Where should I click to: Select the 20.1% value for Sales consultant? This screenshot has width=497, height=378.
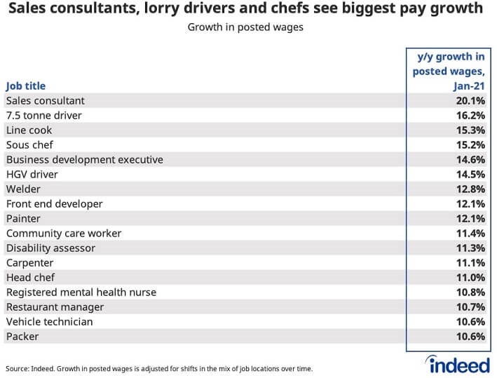[470, 101]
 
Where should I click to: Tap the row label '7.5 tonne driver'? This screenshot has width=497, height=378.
[43, 116]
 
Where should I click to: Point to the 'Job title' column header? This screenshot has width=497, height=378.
[26, 86]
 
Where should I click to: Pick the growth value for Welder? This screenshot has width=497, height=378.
[470, 189]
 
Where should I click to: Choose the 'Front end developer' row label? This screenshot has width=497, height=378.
[54, 204]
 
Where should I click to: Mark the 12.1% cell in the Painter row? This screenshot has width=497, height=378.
[470, 219]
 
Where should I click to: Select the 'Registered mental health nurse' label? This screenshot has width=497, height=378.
[80, 292]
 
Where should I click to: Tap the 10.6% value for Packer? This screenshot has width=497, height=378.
[470, 337]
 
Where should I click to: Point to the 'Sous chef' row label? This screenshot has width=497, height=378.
[29, 145]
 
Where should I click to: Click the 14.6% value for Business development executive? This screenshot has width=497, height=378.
[470, 160]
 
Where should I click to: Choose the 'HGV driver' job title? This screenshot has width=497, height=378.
[32, 175]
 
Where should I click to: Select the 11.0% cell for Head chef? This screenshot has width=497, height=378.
[470, 278]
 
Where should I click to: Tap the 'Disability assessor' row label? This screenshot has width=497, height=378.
[50, 248]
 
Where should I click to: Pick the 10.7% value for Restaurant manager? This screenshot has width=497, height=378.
[470, 307]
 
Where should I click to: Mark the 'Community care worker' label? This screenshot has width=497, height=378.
[64, 234]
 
